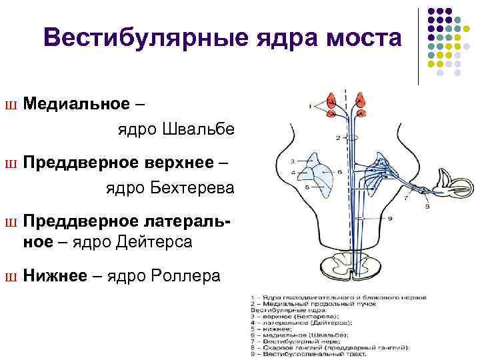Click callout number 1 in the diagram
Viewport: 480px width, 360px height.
coord(311,105)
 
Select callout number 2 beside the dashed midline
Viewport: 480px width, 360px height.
coord(338,138)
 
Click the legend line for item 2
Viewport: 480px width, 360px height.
coord(314,303)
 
